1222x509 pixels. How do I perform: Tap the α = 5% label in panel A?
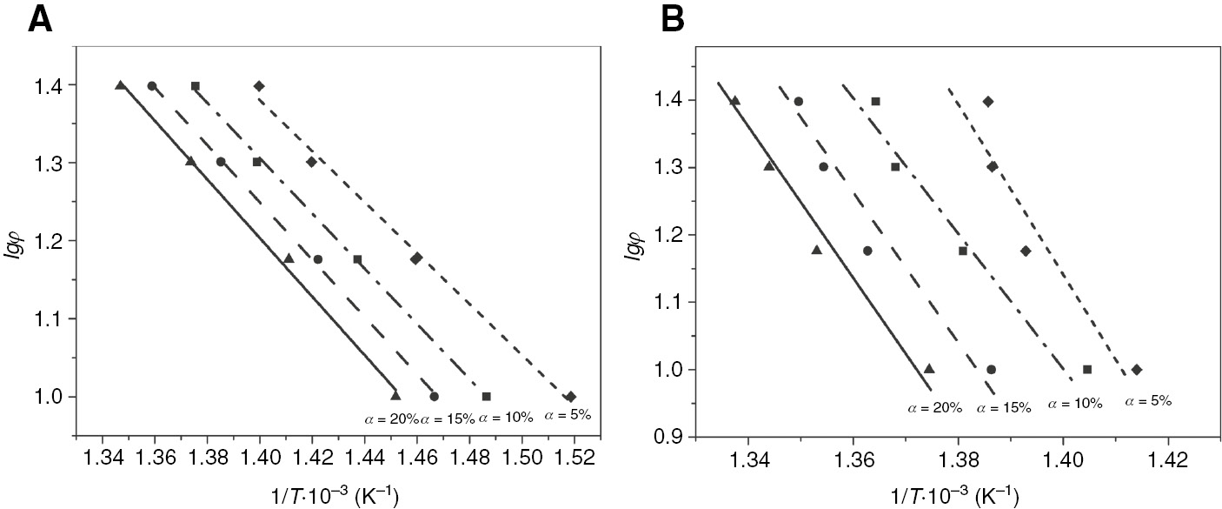[568, 416]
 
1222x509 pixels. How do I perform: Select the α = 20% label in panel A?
[390, 418]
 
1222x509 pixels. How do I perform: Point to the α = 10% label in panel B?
[1075, 404]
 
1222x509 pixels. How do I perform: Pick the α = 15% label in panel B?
[1004, 406]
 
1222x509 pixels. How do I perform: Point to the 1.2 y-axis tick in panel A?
[53, 241]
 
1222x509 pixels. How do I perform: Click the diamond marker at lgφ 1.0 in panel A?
[570, 397]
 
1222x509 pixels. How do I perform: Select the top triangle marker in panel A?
[121, 85]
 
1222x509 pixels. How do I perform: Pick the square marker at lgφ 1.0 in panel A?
[487, 397]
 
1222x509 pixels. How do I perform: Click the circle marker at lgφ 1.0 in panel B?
[991, 369]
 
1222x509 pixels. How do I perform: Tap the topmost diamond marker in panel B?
[988, 102]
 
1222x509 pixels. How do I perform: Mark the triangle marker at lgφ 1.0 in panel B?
[929, 368]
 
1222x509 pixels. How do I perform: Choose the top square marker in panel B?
[875, 102]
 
